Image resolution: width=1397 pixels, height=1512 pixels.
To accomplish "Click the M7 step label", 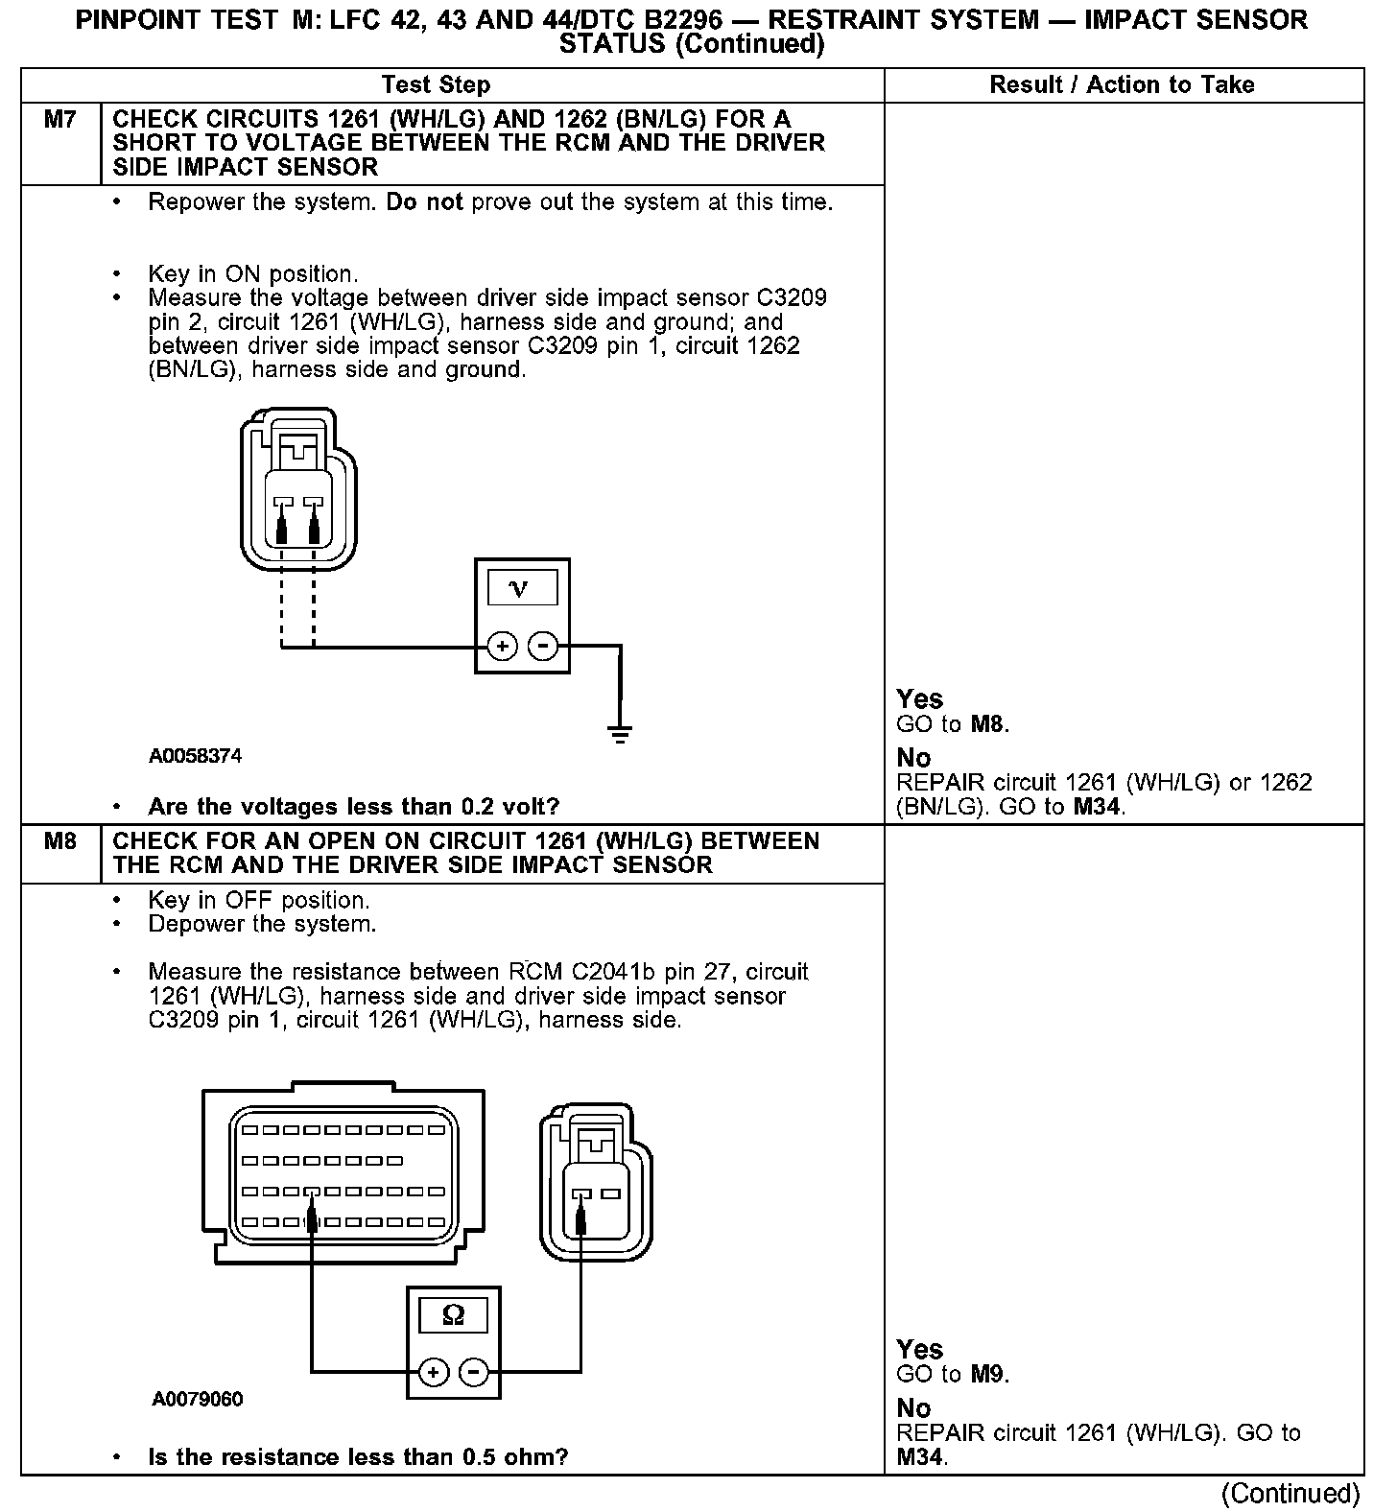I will click(59, 120).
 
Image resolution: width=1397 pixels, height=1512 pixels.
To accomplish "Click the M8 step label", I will click(59, 841).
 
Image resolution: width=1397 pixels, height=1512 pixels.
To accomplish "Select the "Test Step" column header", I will click(436, 84).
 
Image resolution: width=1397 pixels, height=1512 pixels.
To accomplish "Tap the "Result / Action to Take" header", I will click(1122, 84).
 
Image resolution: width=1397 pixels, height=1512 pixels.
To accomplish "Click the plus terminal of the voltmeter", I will click(502, 647).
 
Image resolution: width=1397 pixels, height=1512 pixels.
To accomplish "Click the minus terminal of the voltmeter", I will click(543, 647).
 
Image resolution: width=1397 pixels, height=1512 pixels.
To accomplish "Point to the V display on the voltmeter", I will click(522, 587).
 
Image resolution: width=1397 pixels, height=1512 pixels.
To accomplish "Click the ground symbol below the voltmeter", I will click(620, 735).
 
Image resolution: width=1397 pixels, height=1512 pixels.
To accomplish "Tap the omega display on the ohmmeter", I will click(453, 1314).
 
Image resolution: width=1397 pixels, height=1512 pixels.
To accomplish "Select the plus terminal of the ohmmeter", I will click(434, 1373).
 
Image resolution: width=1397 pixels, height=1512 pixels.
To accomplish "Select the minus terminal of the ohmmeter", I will click(474, 1373).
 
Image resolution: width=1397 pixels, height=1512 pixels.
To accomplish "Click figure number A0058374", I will click(195, 756).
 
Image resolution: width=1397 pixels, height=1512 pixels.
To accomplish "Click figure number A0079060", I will click(197, 1399).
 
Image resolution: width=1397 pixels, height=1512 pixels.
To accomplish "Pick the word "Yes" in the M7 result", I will click(919, 698).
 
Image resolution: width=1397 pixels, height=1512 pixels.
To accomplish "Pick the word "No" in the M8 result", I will click(913, 1407).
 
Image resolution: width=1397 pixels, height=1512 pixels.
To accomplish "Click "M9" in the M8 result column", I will click(989, 1374).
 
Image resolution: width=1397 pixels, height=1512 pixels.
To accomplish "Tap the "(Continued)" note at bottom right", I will click(1290, 1493).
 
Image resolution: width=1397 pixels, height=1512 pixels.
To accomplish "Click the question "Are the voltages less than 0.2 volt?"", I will click(353, 806).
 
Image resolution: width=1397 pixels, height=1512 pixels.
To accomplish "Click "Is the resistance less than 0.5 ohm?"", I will click(358, 1456).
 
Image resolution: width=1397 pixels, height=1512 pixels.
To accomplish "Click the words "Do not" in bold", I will click(424, 202).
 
